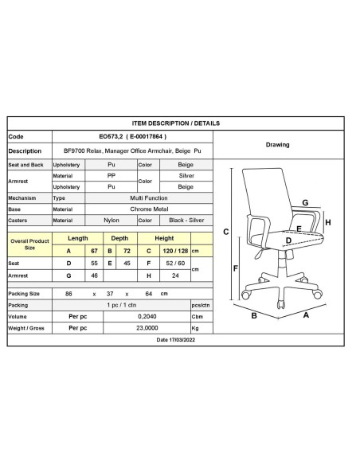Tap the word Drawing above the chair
(x=276, y=145)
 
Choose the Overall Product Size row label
(x=29, y=244)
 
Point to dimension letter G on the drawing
(x=305, y=203)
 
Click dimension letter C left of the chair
(x=226, y=232)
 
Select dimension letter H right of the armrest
(x=327, y=222)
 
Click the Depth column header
(x=119, y=238)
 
